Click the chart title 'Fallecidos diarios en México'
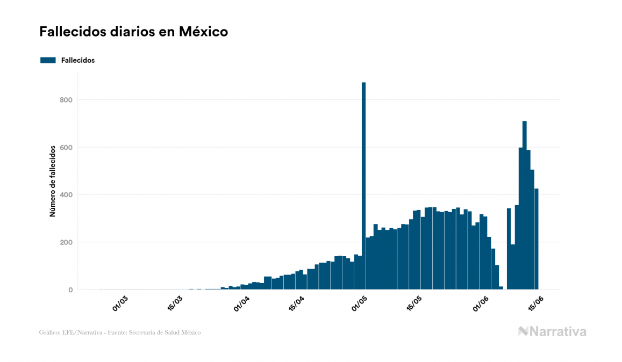133,32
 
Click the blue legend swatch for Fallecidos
48,60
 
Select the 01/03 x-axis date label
120,303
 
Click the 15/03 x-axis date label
175,303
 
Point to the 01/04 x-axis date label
241,303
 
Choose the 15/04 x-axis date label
297,303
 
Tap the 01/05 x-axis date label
359,303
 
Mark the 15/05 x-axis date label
414,303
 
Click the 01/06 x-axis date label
481,303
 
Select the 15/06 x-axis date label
536,303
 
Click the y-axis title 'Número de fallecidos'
53,180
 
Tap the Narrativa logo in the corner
552,331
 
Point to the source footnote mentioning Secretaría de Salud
120,332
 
